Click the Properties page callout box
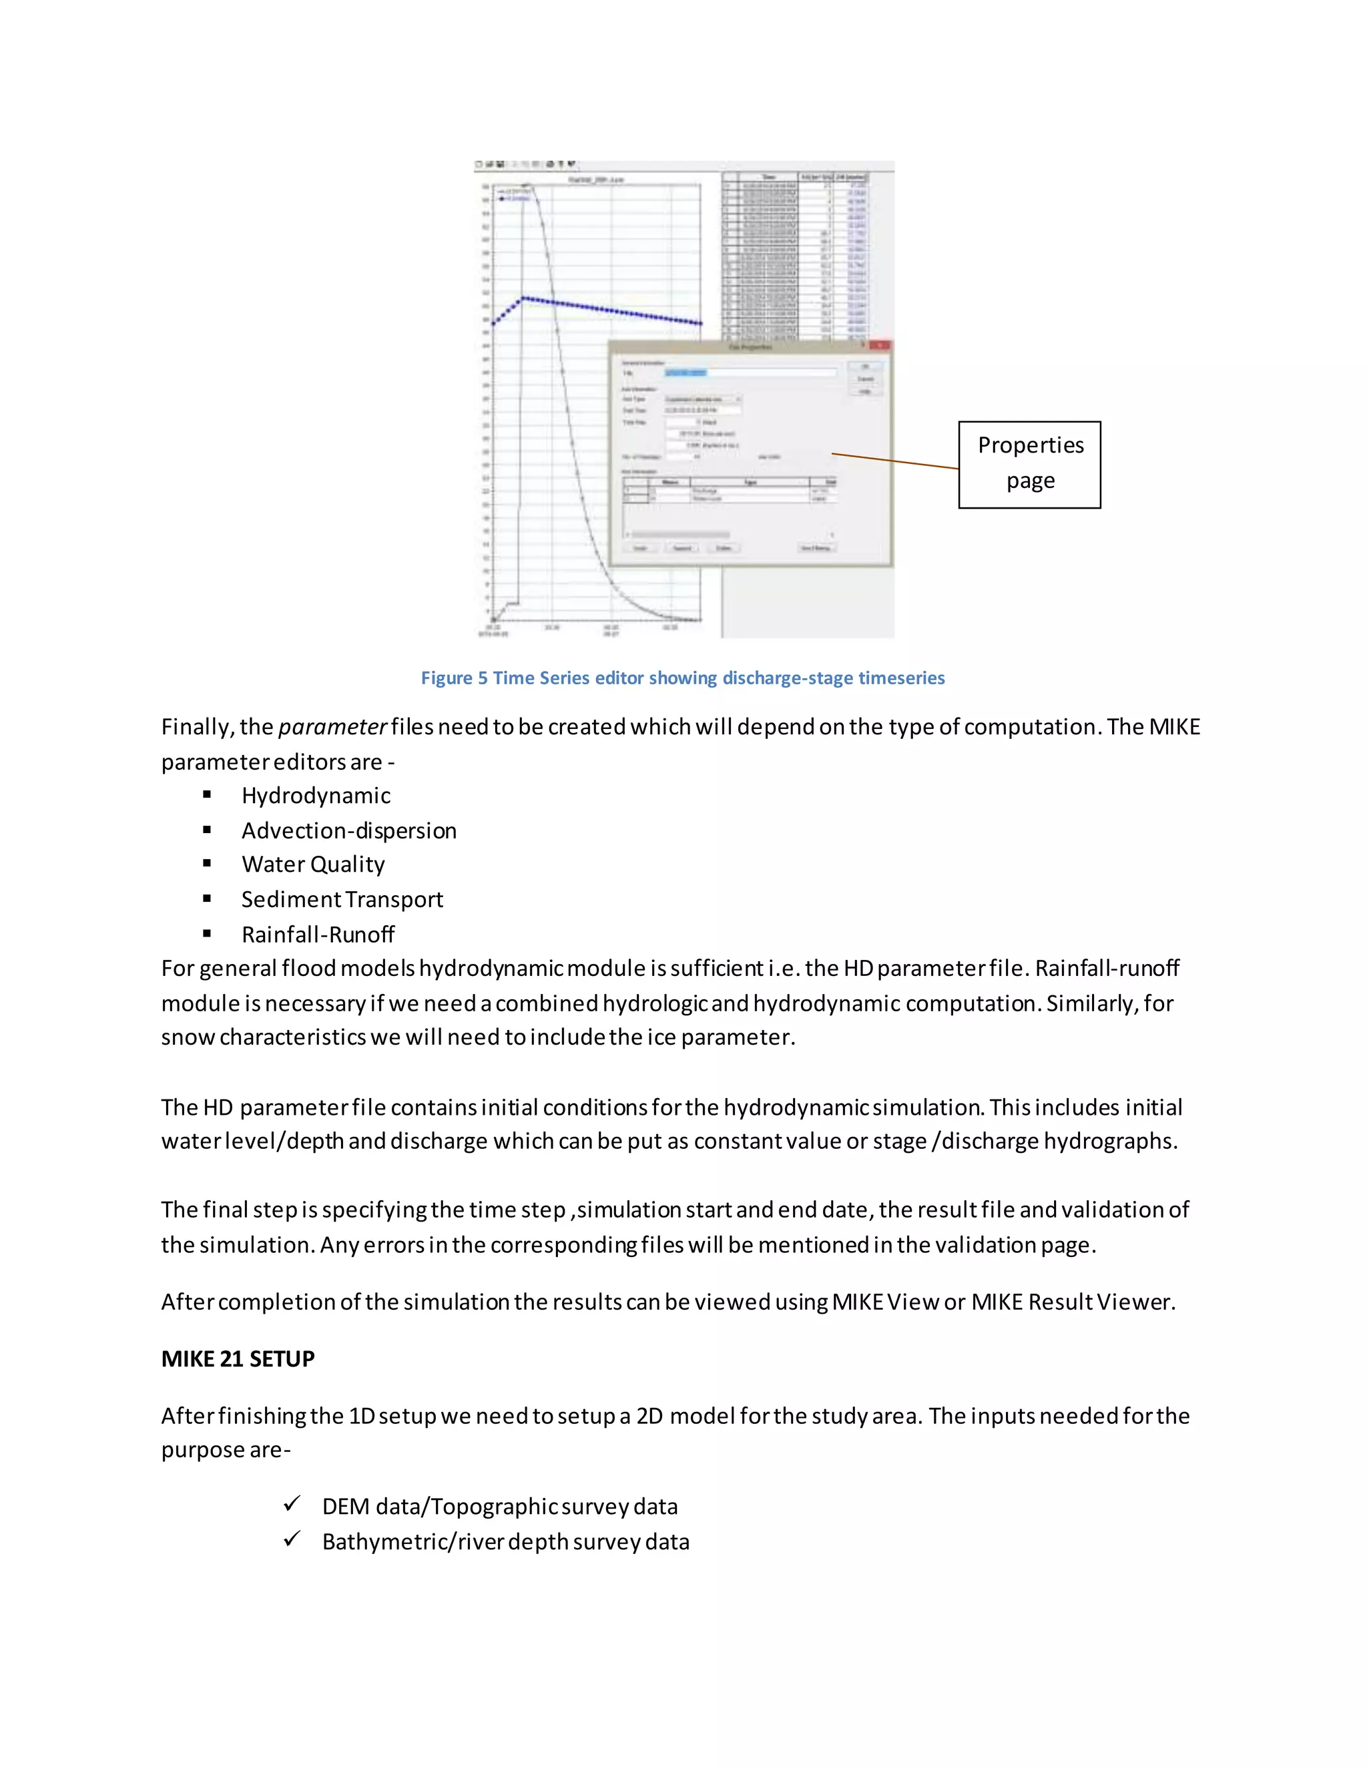click(1029, 464)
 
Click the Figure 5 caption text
click(682, 678)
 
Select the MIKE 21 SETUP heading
click(237, 1359)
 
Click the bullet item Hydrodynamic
click(316, 796)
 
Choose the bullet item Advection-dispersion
click(348, 831)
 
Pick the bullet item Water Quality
click(312, 865)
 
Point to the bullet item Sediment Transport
click(342, 900)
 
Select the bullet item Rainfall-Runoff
click(318, 935)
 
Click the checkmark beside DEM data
click(292, 1504)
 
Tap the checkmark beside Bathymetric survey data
click(292, 1539)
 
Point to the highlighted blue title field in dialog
click(686, 372)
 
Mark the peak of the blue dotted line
click(523, 298)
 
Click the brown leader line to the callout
click(895, 461)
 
